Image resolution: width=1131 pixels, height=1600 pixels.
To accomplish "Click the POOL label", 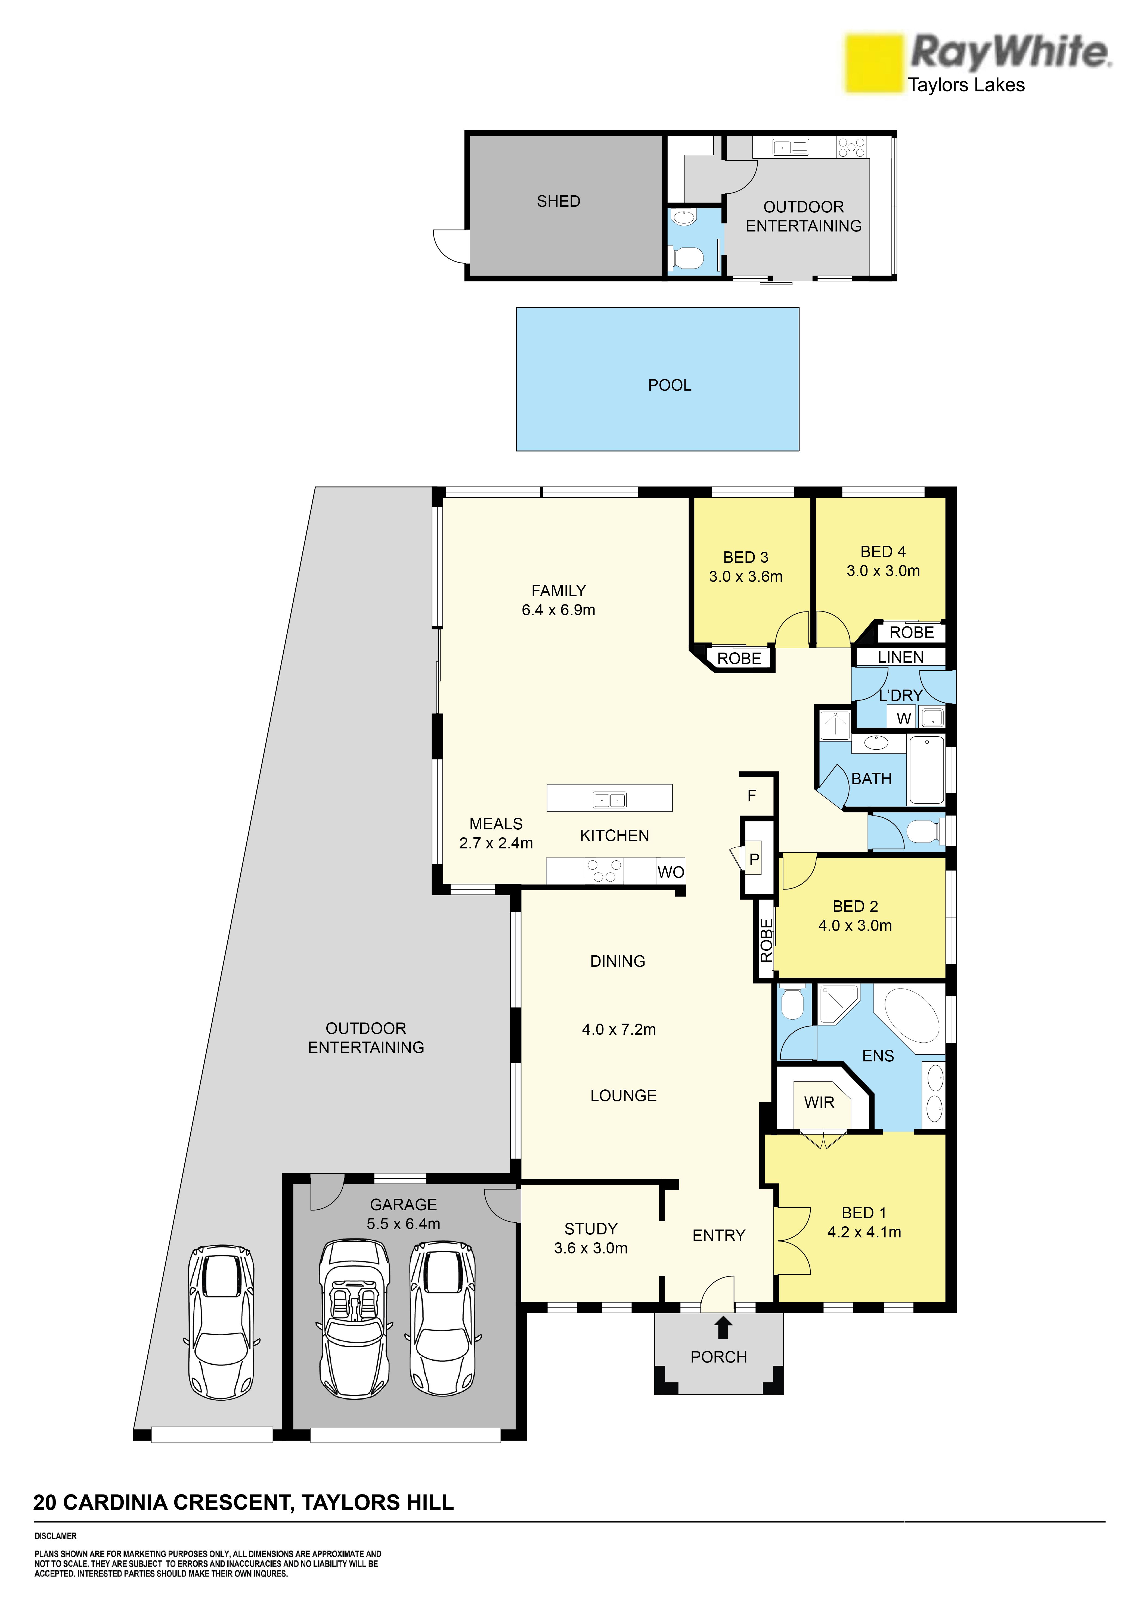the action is point(670,385).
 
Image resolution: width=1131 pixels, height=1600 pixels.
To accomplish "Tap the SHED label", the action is point(558,201).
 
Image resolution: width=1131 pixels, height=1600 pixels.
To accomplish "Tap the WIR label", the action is point(819,1102).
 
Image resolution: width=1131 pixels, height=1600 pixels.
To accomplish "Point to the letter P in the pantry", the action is point(754,860).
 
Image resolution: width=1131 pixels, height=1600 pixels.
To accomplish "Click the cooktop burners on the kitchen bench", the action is point(603,871).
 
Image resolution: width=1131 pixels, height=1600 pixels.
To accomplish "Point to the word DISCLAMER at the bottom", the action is point(56,1536).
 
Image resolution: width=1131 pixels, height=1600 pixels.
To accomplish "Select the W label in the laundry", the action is point(904,718).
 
